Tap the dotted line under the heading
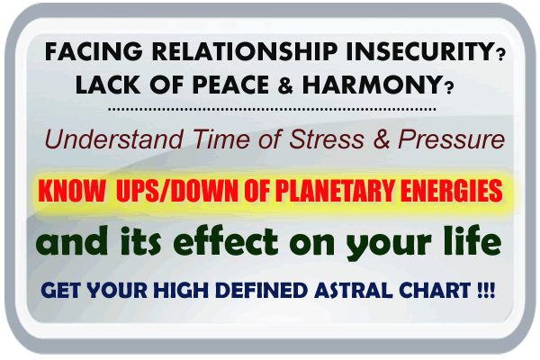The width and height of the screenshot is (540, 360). point(270,109)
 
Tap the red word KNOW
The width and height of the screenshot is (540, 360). point(70,193)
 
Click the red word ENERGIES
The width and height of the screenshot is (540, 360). point(453,193)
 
